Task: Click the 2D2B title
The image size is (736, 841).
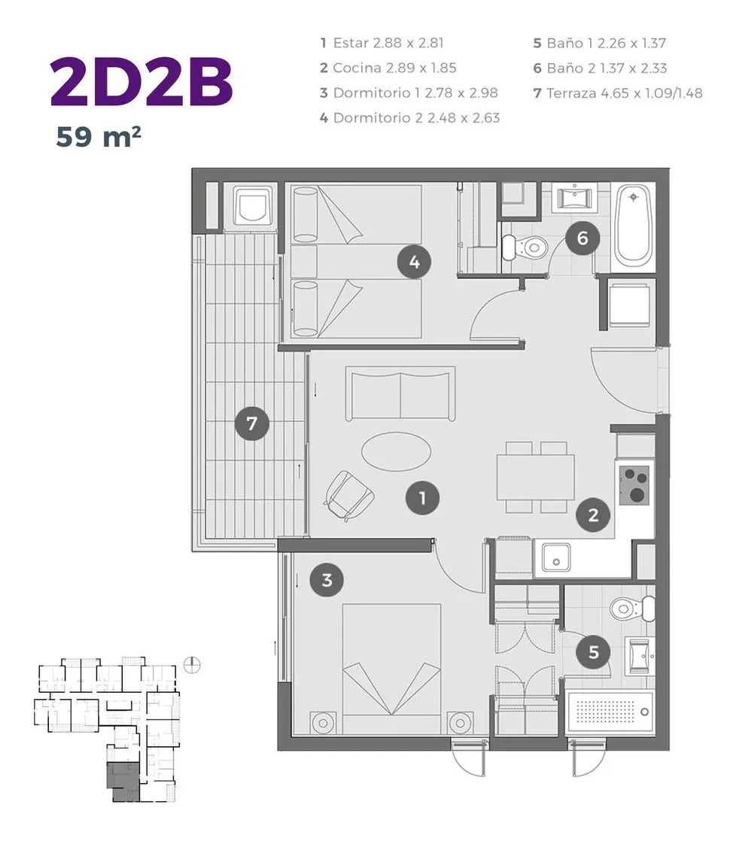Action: tap(141, 82)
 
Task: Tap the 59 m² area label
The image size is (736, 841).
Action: tap(98, 137)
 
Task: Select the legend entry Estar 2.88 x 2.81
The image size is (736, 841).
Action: tap(382, 43)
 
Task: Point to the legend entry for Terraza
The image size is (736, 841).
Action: tap(617, 93)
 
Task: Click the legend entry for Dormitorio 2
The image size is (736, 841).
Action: tap(410, 117)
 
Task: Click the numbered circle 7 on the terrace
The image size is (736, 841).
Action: tap(251, 424)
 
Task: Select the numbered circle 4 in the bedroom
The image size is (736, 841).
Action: tap(414, 263)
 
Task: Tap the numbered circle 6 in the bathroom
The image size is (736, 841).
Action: tap(582, 238)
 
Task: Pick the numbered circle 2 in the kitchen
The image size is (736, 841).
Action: tap(593, 515)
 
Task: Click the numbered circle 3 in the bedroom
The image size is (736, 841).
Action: tap(327, 580)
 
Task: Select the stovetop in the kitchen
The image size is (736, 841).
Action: tap(634, 485)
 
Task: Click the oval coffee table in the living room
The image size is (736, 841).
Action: tap(396, 451)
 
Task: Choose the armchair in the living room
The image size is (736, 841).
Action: tap(348, 496)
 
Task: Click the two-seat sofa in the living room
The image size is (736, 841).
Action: tap(400, 393)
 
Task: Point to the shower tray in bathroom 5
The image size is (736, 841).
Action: tap(611, 712)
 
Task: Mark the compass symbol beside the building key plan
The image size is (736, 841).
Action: tap(191, 665)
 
